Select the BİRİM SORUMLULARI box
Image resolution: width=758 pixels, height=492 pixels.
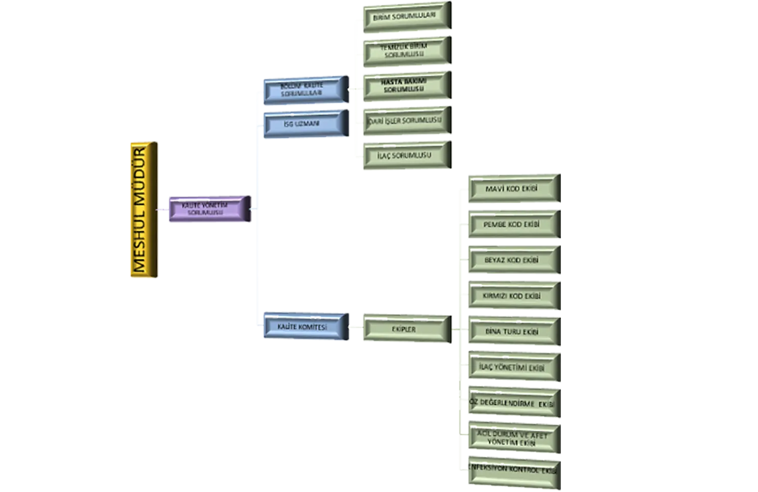point(405,17)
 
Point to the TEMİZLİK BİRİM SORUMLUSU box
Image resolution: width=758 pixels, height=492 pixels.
point(405,51)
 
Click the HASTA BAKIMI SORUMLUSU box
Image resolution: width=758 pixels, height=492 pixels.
point(405,85)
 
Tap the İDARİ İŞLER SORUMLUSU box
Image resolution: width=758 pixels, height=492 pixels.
point(405,121)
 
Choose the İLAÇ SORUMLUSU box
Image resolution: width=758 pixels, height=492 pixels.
point(405,156)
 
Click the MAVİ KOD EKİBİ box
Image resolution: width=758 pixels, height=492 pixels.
point(513,189)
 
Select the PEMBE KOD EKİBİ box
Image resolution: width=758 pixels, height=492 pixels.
point(513,225)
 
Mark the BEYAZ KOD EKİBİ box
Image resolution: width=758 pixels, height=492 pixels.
point(513,260)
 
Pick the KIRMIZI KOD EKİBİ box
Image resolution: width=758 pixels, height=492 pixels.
point(513,296)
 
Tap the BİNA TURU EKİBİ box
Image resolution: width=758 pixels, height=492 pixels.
point(513,332)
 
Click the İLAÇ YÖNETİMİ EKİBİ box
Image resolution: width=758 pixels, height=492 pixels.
point(513,368)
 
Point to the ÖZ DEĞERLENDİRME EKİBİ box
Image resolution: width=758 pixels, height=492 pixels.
point(513,404)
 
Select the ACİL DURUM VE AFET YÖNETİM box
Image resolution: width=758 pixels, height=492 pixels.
point(513,438)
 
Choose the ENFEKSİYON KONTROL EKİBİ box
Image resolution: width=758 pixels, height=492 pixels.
point(513,470)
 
